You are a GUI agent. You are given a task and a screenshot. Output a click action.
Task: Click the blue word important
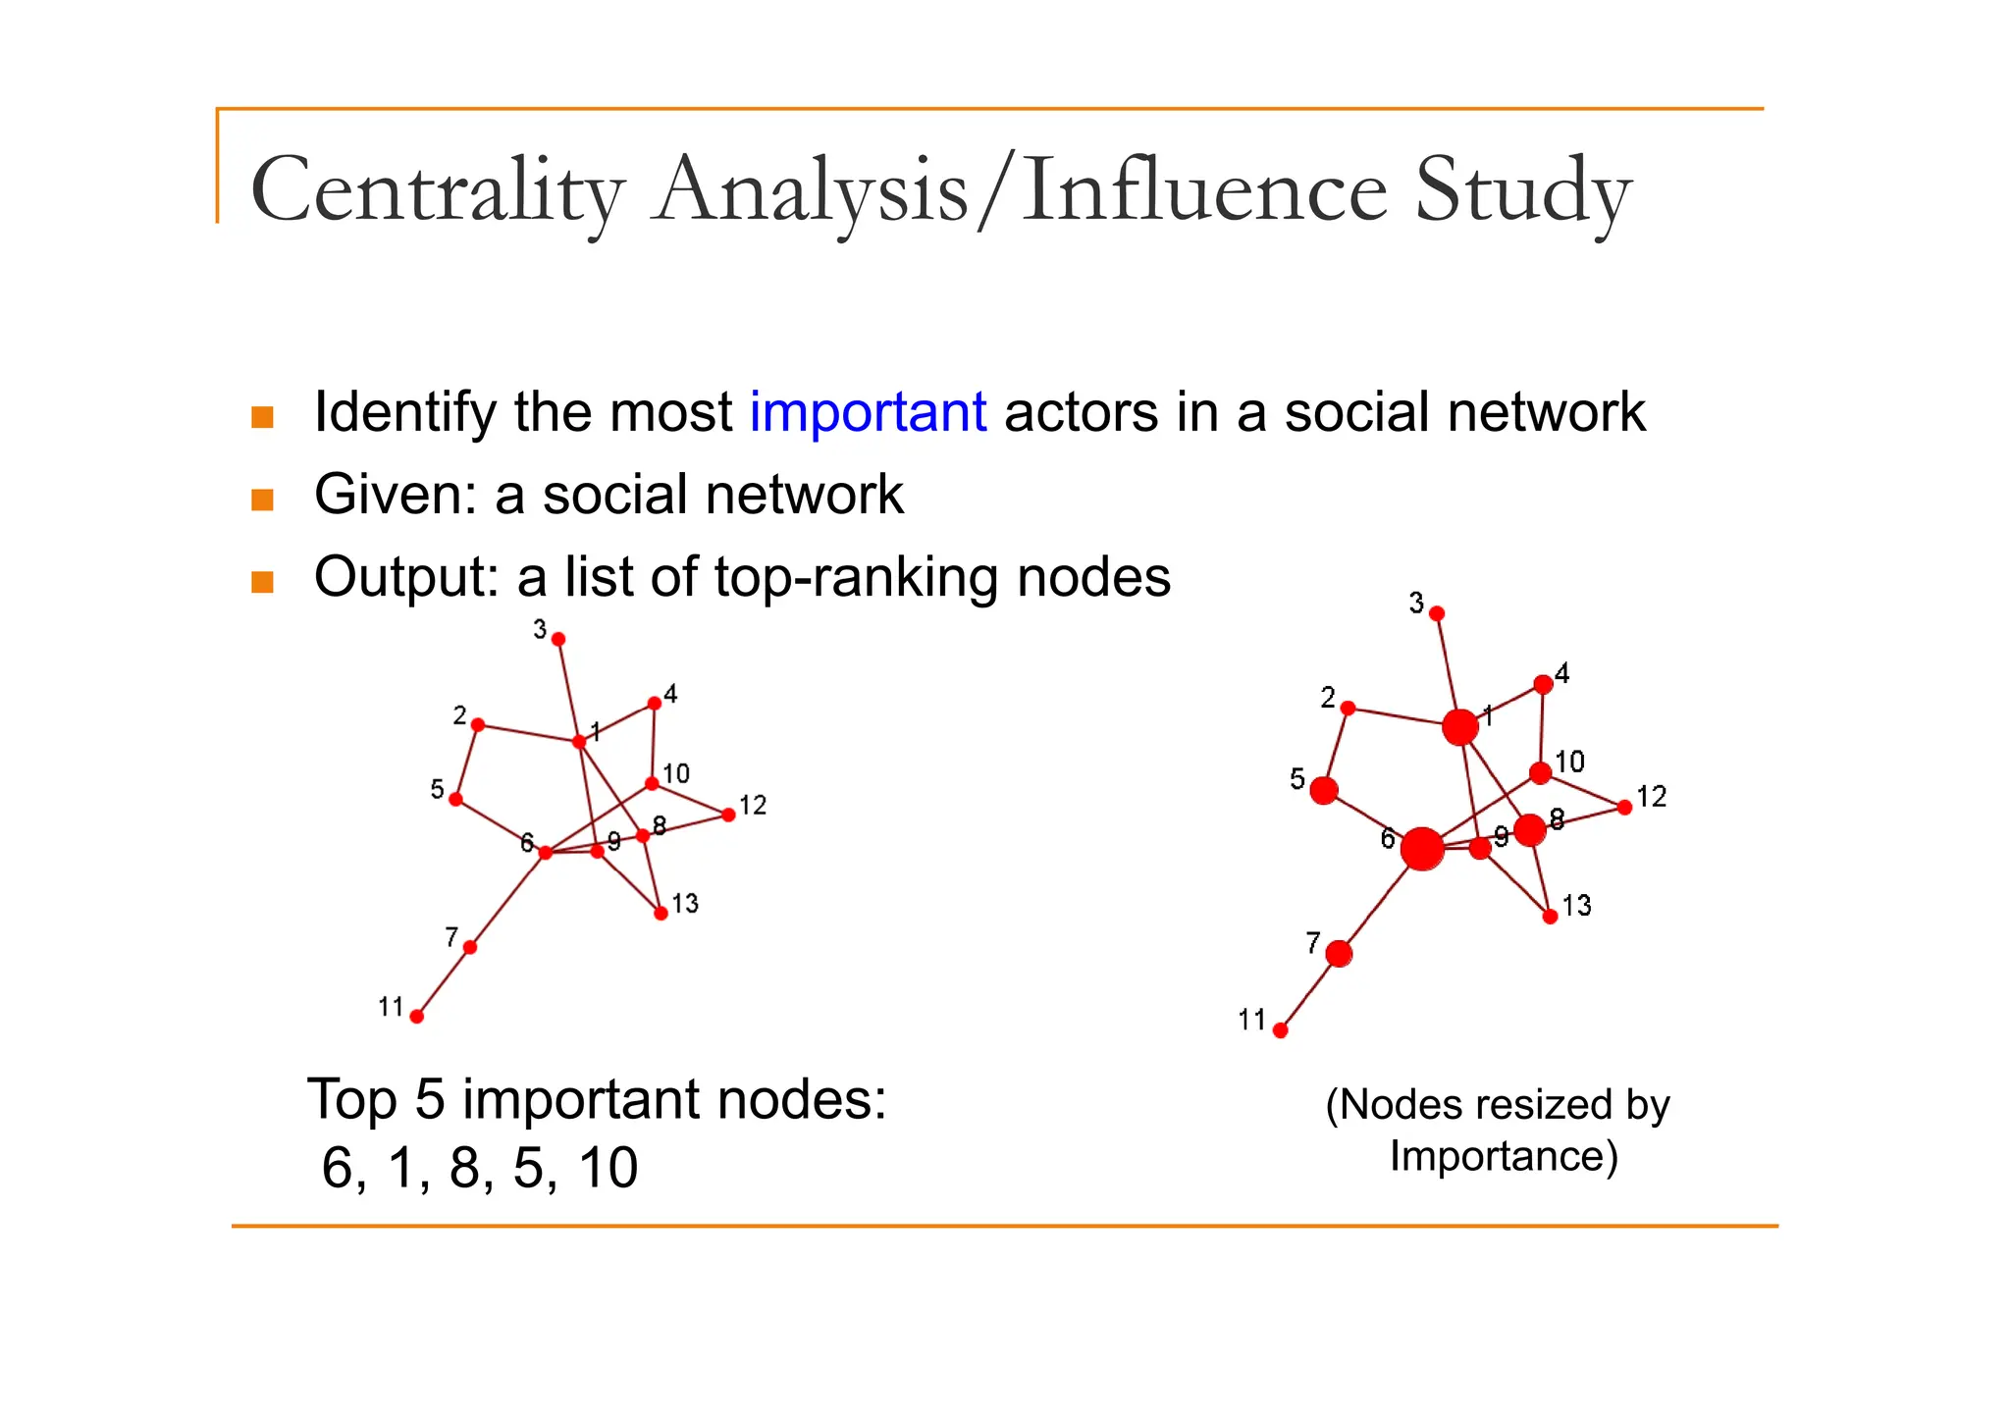pyautogui.click(x=868, y=412)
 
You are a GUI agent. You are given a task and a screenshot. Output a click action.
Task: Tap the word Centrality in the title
pyautogui.click(x=438, y=190)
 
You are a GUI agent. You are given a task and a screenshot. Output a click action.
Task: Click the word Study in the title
pyautogui.click(x=1522, y=190)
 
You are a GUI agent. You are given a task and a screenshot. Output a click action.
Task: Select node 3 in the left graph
pyautogui.click(x=558, y=639)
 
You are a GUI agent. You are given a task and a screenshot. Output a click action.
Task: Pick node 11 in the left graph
pyautogui.click(x=417, y=1017)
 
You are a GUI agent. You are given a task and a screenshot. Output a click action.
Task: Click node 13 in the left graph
pyautogui.click(x=661, y=914)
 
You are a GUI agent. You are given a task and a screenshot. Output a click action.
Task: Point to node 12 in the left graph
pyautogui.click(x=728, y=815)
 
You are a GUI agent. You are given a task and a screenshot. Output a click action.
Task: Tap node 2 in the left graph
pyautogui.click(x=478, y=725)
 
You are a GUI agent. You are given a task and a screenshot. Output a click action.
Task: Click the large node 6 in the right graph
pyautogui.click(x=1422, y=849)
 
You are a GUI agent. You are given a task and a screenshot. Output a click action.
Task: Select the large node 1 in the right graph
pyautogui.click(x=1460, y=727)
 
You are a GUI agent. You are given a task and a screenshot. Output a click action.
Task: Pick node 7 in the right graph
pyautogui.click(x=1339, y=953)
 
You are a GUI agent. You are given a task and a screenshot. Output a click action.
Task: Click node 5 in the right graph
pyautogui.click(x=1324, y=790)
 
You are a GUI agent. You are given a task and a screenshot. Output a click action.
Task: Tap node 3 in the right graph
pyautogui.click(x=1437, y=613)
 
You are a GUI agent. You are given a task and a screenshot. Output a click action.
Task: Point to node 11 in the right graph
pyautogui.click(x=1280, y=1030)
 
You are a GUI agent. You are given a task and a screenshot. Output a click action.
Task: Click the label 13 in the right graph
pyautogui.click(x=1576, y=905)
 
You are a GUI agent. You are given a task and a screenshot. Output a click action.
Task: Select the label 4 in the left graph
pyautogui.click(x=670, y=695)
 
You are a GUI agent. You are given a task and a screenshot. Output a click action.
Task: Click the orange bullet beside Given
pyautogui.click(x=262, y=500)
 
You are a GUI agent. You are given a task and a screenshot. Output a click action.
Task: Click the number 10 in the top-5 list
pyautogui.click(x=608, y=1168)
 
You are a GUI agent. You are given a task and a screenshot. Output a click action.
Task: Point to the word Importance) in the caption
pyautogui.click(x=1503, y=1156)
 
